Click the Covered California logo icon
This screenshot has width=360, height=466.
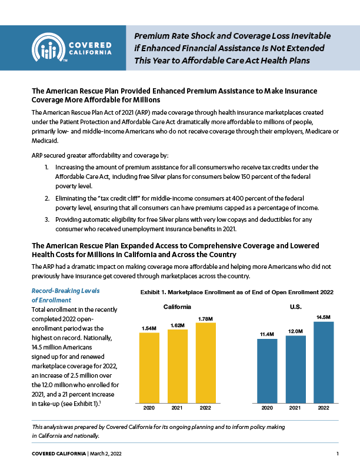point(48,47)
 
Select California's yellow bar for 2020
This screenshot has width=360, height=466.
point(149,368)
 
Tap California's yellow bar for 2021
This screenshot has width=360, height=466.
point(177,367)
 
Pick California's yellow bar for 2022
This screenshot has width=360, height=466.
point(205,363)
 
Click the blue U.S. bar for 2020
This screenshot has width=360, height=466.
point(267,371)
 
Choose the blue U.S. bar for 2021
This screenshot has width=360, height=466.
point(295,370)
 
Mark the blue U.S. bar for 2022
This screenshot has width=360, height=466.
point(324,362)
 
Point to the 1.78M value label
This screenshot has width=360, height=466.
point(205,319)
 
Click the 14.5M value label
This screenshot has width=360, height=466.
point(324,317)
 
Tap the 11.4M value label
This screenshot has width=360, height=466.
point(267,334)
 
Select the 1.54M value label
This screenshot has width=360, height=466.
point(149,328)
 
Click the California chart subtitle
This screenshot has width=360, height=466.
point(177,307)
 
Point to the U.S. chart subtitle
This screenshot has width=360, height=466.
point(295,307)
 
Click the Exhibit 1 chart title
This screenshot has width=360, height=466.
point(236,292)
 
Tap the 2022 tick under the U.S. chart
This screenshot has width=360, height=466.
point(324,408)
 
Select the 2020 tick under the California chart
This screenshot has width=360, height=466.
point(149,408)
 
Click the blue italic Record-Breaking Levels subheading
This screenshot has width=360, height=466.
point(65,295)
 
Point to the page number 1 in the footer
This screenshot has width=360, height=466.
point(338,454)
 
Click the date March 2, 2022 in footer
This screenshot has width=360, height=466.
point(105,454)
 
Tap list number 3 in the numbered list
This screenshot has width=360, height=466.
point(46,219)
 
